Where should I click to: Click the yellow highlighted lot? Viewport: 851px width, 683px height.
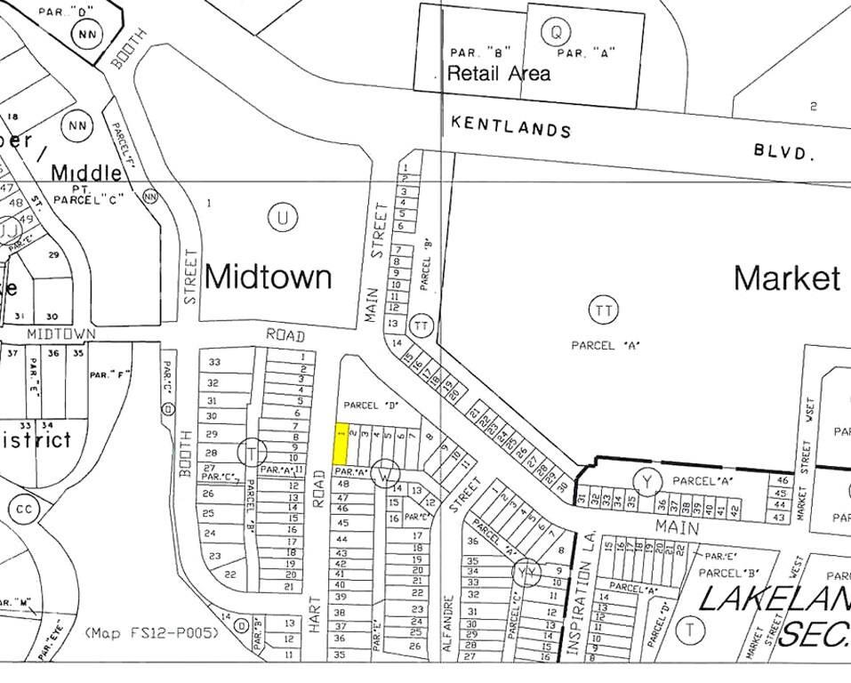click(x=340, y=443)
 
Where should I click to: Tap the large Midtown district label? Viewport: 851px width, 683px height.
click(x=268, y=277)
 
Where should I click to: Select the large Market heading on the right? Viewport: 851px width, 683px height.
click(x=787, y=278)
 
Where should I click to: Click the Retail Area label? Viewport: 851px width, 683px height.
click(x=498, y=73)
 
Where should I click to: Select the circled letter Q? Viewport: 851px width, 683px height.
click(x=556, y=32)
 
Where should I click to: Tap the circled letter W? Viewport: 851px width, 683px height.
click(x=384, y=473)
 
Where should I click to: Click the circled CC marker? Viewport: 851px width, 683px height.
click(x=23, y=510)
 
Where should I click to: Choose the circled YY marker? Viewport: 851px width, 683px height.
click(x=528, y=572)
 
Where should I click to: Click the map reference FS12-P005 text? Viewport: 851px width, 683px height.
click(x=152, y=633)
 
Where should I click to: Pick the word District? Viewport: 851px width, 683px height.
click(x=36, y=439)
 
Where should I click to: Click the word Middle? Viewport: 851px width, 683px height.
click(x=85, y=172)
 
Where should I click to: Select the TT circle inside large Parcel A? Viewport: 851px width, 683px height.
click(x=603, y=310)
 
